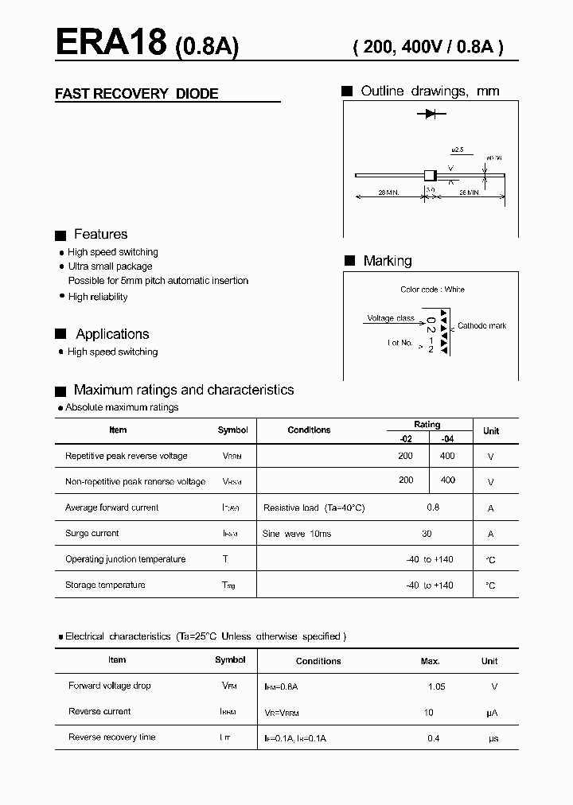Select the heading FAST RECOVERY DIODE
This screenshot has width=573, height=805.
click(x=136, y=94)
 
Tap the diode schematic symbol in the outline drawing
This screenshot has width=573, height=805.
click(x=431, y=115)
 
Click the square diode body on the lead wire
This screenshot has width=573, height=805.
click(x=430, y=175)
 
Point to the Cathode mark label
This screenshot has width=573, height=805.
click(x=481, y=326)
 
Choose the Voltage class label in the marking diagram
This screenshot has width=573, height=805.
click(x=390, y=318)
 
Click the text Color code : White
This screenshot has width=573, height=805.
click(x=432, y=290)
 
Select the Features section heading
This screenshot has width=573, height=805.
click(x=100, y=234)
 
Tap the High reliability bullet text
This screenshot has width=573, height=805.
click(x=98, y=297)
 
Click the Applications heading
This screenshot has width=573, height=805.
click(x=112, y=334)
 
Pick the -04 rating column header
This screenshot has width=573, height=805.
click(x=448, y=437)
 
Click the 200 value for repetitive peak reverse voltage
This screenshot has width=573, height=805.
click(x=406, y=456)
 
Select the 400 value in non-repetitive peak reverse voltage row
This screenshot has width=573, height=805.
click(x=448, y=480)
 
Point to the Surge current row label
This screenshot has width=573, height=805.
click(x=92, y=533)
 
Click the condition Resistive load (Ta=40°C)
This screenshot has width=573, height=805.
click(x=314, y=507)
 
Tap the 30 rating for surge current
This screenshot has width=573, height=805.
click(x=427, y=533)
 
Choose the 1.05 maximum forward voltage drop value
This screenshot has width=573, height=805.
click(x=437, y=686)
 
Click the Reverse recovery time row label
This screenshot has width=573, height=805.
click(x=112, y=737)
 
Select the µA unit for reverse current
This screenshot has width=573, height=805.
click(x=491, y=713)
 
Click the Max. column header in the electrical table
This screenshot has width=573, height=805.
click(x=430, y=661)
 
